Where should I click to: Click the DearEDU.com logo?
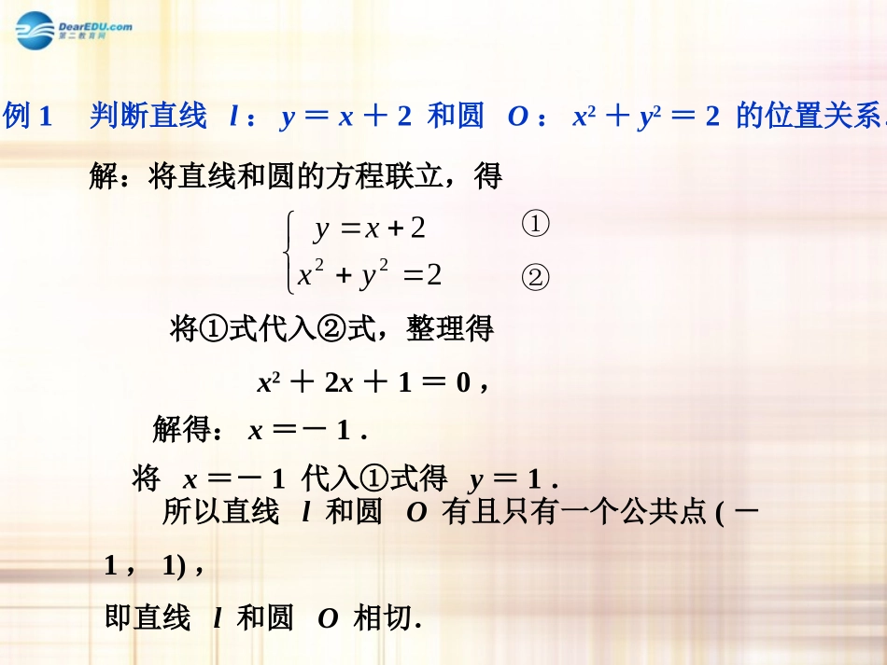pos(73,32)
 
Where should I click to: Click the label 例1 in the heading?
pos(31,117)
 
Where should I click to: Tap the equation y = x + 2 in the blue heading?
pos(345,117)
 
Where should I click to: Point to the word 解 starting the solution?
pos(104,175)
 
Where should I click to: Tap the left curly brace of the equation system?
pos(291,250)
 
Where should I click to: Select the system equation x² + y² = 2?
pos(370,275)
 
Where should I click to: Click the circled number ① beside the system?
pos(535,225)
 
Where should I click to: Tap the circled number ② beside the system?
pos(535,278)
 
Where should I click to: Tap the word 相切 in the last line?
pos(382,618)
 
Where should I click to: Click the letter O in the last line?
pos(328,619)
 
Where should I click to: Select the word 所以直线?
pos(220,512)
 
